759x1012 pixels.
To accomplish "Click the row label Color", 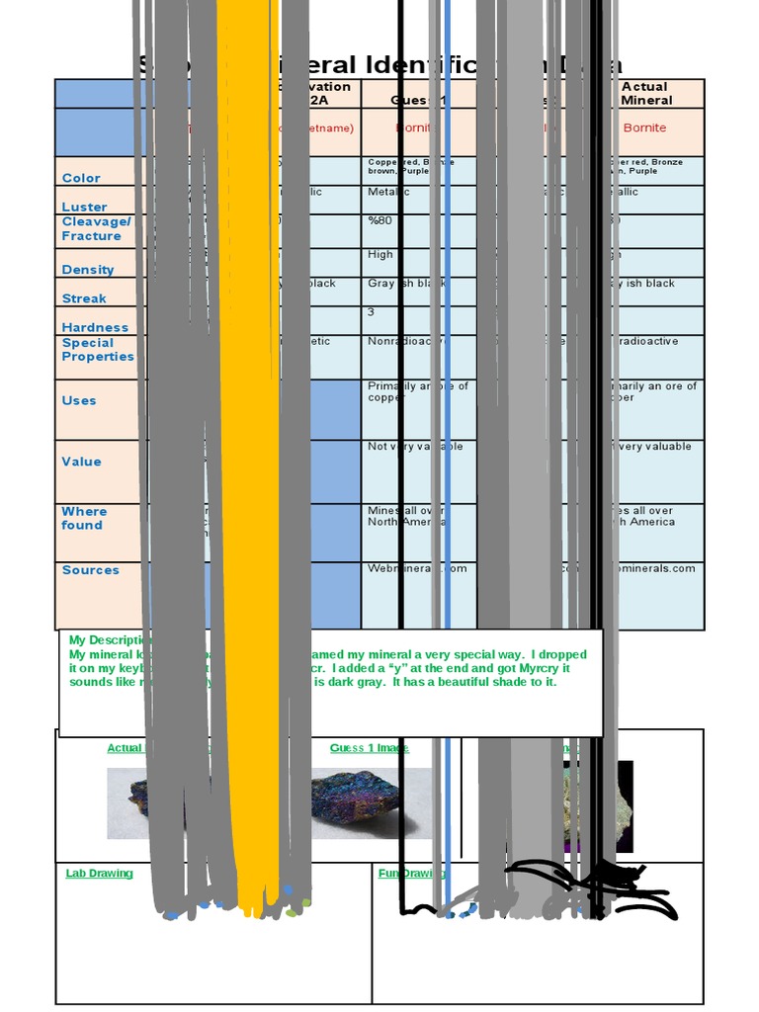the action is click(x=81, y=178).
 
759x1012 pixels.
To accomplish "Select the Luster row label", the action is click(x=85, y=207).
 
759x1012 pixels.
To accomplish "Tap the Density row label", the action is click(x=88, y=270).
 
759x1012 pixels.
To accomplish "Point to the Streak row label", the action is click(x=84, y=298).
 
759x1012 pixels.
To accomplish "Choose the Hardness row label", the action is click(x=95, y=327).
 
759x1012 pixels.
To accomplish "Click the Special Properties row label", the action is click(x=98, y=350).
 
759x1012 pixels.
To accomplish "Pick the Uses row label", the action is click(x=79, y=400).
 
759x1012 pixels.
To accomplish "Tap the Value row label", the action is click(x=81, y=462).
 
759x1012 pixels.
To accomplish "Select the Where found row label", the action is click(x=84, y=518).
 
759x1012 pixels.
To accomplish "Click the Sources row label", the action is click(x=90, y=570).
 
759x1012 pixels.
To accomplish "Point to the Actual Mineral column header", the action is click(x=646, y=93).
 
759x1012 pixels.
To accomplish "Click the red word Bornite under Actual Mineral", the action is click(x=644, y=127).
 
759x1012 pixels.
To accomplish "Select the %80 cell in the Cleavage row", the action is click(x=380, y=220).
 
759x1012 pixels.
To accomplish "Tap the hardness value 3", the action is click(x=372, y=312).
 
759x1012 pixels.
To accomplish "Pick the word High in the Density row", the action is click(x=380, y=254).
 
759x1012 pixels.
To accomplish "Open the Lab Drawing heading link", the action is click(x=99, y=874).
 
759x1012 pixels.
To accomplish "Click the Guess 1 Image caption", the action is click(x=369, y=748).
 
